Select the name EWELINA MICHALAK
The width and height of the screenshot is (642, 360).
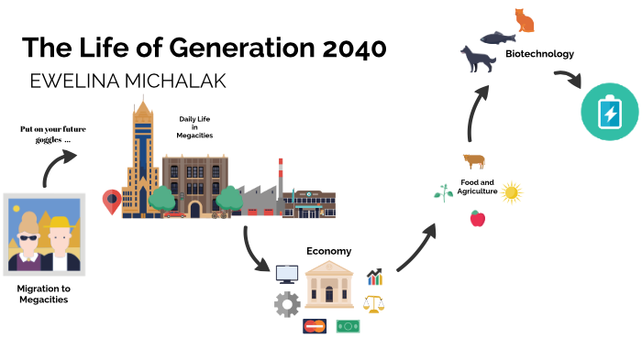click(x=128, y=81)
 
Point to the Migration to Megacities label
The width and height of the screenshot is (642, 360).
click(x=43, y=293)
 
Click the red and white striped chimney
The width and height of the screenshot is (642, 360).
click(x=281, y=175)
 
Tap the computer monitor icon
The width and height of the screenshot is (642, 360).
click(x=287, y=273)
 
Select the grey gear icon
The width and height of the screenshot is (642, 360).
click(x=287, y=304)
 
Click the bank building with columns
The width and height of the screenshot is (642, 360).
click(x=330, y=285)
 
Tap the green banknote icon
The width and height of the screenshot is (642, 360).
click(x=348, y=325)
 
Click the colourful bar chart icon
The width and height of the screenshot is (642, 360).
click(x=374, y=277)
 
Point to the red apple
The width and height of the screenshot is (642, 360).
click(x=477, y=218)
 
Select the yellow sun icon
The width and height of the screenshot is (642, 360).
click(x=512, y=192)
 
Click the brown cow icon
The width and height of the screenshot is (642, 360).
click(x=474, y=161)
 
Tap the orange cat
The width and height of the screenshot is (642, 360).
click(x=524, y=20)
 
